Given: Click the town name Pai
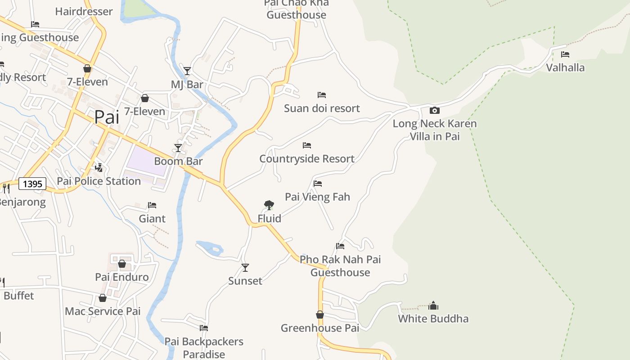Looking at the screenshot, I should click(107, 117).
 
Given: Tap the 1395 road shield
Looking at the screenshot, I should click(32, 184).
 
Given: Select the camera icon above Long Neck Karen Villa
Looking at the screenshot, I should click(434, 110).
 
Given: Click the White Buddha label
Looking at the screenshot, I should click(433, 319).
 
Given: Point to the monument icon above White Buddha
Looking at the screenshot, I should click(433, 306).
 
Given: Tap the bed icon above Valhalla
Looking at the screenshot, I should click(565, 54).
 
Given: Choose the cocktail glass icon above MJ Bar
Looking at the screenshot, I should click(187, 71).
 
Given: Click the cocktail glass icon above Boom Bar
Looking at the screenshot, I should click(178, 148).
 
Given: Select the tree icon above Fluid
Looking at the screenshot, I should click(269, 205).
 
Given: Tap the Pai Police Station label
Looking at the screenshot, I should click(99, 181).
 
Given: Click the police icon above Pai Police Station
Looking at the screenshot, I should click(99, 168).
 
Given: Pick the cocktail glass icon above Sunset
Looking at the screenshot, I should click(245, 268).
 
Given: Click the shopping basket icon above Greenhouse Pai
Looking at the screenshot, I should click(320, 315).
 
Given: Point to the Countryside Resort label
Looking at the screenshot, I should click(307, 158).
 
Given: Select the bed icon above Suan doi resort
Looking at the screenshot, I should click(322, 95).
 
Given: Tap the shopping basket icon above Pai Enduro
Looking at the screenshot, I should click(122, 264).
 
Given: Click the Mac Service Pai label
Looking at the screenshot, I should click(103, 311).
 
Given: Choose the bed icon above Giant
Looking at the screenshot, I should click(152, 205).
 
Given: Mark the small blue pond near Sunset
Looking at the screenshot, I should click(210, 247).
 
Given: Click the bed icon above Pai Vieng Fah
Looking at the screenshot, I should click(318, 184).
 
